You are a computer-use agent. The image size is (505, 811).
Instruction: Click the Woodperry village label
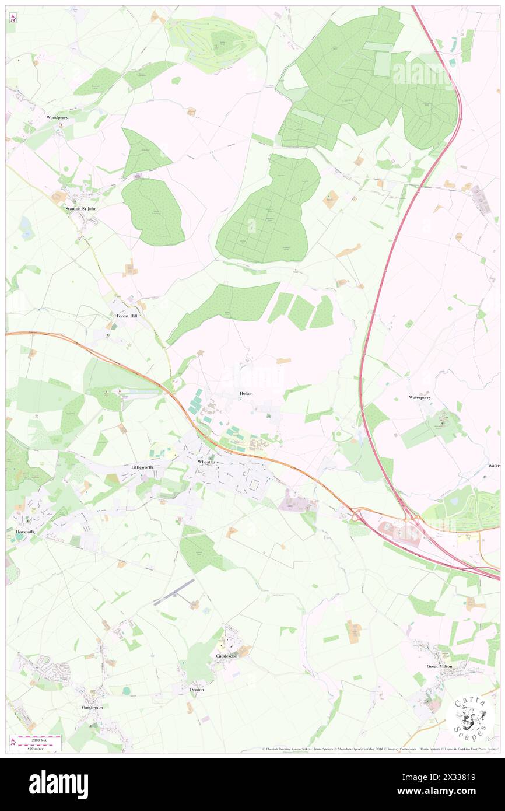[x=57, y=117]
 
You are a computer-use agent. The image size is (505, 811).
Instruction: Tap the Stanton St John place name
[x=80, y=208]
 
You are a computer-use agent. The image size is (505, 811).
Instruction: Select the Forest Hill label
[x=127, y=316]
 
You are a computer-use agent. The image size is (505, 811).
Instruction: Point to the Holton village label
[x=246, y=394]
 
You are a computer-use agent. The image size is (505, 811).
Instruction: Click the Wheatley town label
[x=207, y=462]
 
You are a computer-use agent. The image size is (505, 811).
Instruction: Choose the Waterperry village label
[x=420, y=397]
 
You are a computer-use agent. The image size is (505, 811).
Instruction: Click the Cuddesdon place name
[x=227, y=656]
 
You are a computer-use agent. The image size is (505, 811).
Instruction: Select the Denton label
[x=197, y=689]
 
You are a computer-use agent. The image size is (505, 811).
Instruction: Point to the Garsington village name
[x=92, y=707]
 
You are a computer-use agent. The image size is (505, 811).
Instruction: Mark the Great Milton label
[x=440, y=666]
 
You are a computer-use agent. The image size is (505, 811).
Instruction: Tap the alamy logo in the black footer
[x=58, y=785]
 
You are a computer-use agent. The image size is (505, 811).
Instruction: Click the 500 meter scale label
[x=37, y=747]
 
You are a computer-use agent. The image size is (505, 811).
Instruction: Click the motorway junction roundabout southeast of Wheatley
[x=357, y=516]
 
